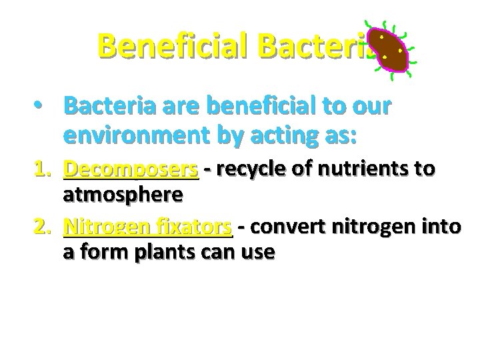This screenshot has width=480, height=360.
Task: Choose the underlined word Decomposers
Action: [131, 171]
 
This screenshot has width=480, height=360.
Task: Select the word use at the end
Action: [257, 253]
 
